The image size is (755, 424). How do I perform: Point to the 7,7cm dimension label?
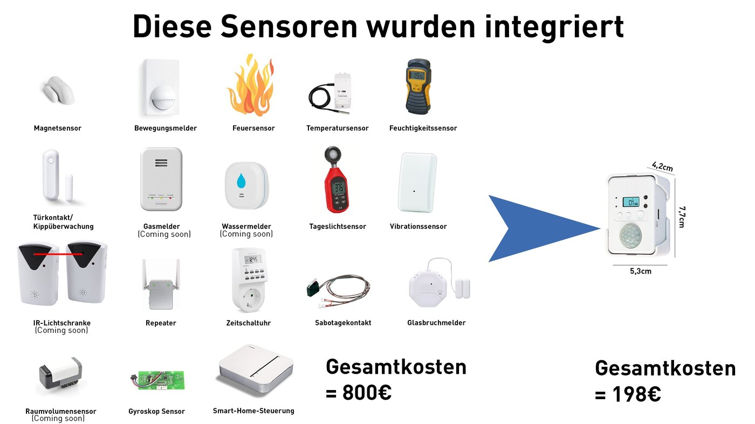click(x=682, y=217)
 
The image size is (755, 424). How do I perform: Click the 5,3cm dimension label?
click(x=640, y=272)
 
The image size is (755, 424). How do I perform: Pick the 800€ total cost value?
click(x=366, y=393)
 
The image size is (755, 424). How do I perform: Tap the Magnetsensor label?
click(x=57, y=128)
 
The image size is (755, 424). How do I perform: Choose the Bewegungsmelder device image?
click(x=161, y=88)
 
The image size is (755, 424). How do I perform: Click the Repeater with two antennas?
click(x=161, y=286)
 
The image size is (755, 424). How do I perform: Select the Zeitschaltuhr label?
click(x=248, y=323)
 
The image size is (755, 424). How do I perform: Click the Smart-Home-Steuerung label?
click(x=253, y=411)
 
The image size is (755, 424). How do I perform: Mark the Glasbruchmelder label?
click(x=436, y=323)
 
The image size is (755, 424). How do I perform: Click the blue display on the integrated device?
click(x=631, y=202)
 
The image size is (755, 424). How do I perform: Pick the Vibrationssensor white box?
click(x=417, y=183)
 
